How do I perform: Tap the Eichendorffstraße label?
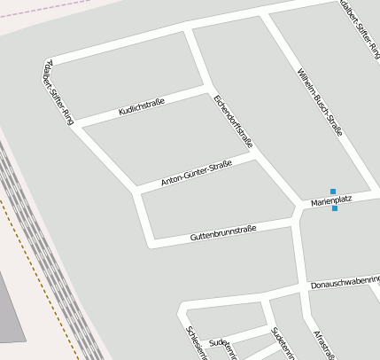pos(233,121)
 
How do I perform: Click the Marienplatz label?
pos(331,200)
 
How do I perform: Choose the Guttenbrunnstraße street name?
pos(223,234)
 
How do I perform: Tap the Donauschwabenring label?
pos(345,282)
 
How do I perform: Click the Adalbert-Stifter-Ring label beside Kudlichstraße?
pos(58,93)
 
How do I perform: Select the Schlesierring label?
pos(196,342)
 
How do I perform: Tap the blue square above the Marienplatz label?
pos(333,192)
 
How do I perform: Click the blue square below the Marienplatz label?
pos(334,208)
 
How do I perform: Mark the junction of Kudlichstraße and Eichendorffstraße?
pos(207,89)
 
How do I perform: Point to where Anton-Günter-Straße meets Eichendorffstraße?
pos(255,153)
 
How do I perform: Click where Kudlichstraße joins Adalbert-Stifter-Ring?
pos(80,128)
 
